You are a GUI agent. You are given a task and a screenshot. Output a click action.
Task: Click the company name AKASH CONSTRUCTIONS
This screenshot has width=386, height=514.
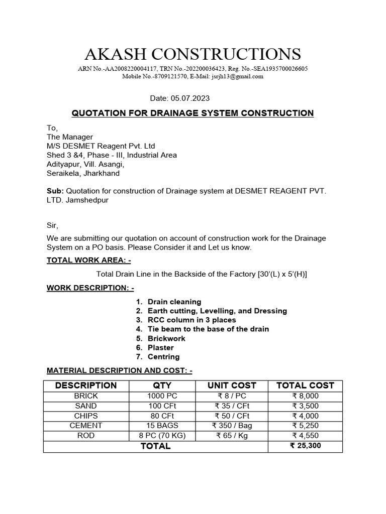point(193,54)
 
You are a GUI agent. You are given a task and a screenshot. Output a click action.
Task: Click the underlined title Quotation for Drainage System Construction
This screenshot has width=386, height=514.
point(193,113)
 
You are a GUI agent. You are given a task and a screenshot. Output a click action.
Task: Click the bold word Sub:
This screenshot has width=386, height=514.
point(55,191)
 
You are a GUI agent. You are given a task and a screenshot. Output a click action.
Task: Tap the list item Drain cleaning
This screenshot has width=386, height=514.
point(174,302)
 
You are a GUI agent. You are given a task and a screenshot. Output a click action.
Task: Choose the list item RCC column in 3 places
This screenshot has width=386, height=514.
point(191,320)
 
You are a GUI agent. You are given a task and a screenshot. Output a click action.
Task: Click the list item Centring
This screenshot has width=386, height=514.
point(163,357)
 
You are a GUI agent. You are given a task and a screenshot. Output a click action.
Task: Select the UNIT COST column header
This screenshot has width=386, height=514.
point(232,385)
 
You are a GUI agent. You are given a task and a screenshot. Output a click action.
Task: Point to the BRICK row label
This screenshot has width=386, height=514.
point(86,396)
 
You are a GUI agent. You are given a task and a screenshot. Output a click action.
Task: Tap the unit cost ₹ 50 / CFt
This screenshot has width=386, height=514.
point(232,416)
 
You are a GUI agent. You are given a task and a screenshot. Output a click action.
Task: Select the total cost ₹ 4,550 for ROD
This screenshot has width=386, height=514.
point(305,435)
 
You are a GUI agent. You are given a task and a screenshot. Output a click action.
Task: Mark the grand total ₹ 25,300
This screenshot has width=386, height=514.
point(305,446)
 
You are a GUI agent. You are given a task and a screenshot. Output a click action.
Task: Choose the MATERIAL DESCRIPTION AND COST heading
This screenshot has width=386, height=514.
point(120,371)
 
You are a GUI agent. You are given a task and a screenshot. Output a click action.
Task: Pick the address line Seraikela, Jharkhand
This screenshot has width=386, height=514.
point(83,173)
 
